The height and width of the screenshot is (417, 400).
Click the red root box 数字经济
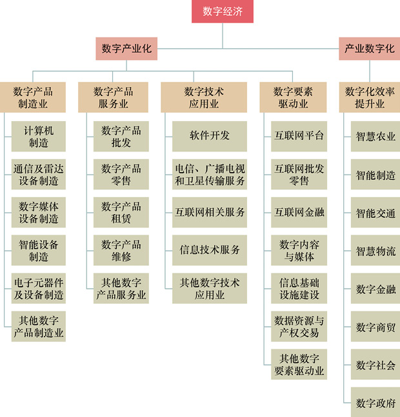click(x=223, y=11)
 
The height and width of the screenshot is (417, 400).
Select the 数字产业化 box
click(x=127, y=48)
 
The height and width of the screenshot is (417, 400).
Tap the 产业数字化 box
click(x=370, y=48)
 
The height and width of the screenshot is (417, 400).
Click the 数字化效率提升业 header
click(x=370, y=97)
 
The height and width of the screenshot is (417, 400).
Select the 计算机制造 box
click(x=38, y=137)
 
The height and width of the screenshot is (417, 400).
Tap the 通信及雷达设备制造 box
click(x=38, y=175)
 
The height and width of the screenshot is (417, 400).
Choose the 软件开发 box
click(x=209, y=136)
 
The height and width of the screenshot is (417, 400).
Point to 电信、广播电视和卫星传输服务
click(x=209, y=175)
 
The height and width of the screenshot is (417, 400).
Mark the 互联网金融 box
click(x=299, y=212)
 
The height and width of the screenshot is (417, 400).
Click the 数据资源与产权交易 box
click(x=299, y=326)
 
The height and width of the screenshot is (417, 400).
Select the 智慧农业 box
click(x=375, y=137)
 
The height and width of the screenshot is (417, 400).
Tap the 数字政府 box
click(x=375, y=403)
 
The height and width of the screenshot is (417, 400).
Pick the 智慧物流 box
click(x=375, y=251)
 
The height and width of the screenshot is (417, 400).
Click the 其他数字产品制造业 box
click(x=38, y=327)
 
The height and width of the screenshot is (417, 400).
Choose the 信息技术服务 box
click(x=209, y=250)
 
